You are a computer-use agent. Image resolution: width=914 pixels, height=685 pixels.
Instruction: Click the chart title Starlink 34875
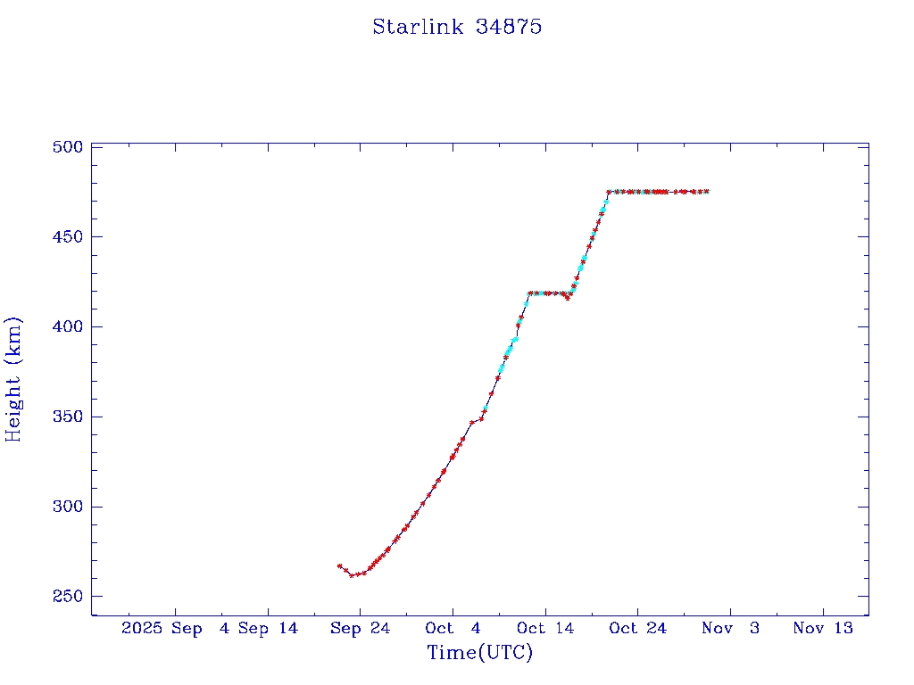tap(457, 27)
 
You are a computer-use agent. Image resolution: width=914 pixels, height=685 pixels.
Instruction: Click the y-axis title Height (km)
tap(13, 379)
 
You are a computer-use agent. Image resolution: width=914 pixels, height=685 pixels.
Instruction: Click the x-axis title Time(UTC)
tap(480, 653)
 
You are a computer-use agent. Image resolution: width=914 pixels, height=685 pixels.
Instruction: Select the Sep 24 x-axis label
tap(361, 628)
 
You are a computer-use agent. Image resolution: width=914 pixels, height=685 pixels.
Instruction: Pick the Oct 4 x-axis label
tap(453, 628)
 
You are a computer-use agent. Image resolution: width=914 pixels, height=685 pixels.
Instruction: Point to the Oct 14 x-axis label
tap(545, 628)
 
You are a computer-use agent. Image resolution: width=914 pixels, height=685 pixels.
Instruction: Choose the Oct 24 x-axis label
tap(638, 628)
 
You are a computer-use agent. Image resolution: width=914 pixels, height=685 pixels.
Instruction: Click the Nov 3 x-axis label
tap(730, 628)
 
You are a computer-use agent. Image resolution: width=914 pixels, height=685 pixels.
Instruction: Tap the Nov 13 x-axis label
tap(823, 628)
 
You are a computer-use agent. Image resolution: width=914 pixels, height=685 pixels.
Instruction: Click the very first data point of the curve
tap(339, 565)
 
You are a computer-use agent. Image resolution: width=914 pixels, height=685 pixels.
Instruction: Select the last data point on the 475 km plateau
tap(707, 191)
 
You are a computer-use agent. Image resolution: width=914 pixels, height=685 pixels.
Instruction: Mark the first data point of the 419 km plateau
tap(529, 293)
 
